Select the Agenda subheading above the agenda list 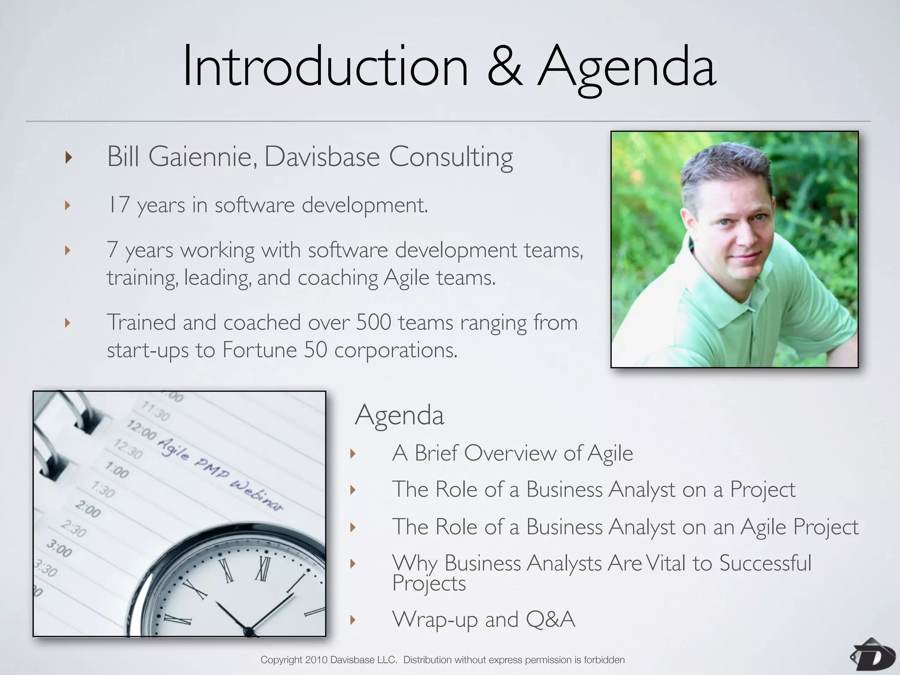click(x=399, y=415)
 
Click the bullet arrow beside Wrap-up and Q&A click(x=352, y=620)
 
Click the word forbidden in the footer click(x=604, y=660)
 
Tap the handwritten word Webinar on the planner click(x=257, y=497)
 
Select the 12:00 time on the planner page click(x=142, y=430)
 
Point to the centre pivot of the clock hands click(x=249, y=632)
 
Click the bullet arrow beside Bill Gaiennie click(x=68, y=157)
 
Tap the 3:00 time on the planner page click(x=59, y=549)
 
